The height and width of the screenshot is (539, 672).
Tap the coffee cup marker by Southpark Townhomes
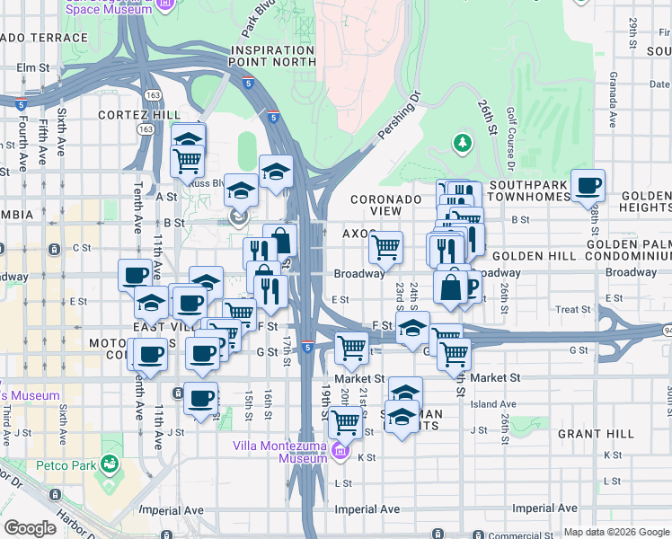[x=588, y=186]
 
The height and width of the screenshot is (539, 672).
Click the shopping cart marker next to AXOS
[x=385, y=246]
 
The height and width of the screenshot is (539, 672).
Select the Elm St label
[x=31, y=67]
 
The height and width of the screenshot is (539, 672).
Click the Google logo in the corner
[x=30, y=528]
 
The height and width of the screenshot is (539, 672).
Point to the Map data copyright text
[x=615, y=532]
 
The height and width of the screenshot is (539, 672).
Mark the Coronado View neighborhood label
[x=386, y=205]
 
